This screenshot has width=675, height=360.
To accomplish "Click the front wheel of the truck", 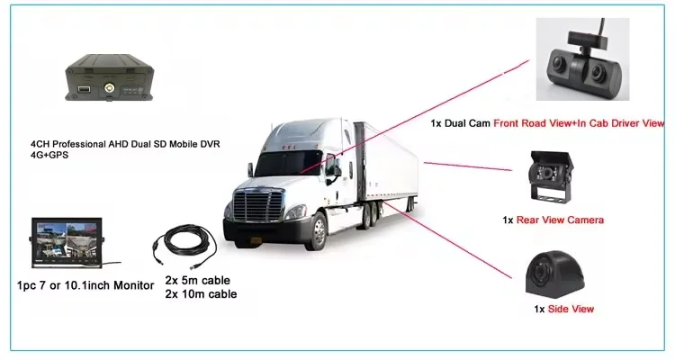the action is tap(318, 230).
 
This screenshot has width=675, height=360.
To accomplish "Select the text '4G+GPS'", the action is tap(49, 156).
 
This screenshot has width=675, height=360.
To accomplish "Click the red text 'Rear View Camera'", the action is tap(565, 220).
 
